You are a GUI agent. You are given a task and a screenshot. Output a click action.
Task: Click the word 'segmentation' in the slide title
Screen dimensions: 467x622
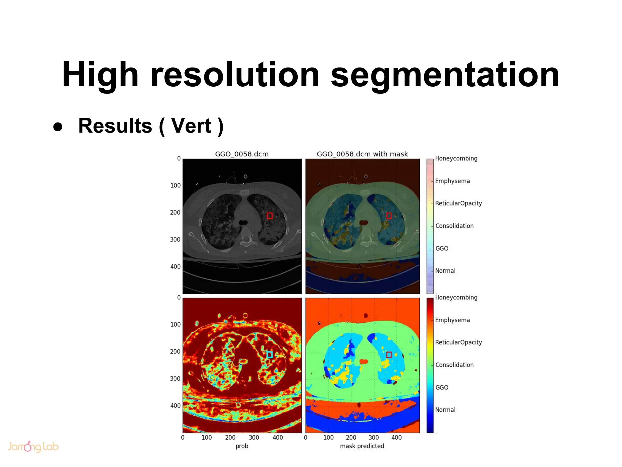click(x=445, y=75)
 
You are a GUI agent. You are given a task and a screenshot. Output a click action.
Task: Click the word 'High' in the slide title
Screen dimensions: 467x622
click(x=100, y=75)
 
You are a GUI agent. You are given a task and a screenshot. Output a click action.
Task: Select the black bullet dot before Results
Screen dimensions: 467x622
click(x=58, y=127)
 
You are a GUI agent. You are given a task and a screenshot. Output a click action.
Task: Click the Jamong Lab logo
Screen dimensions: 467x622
click(x=33, y=446)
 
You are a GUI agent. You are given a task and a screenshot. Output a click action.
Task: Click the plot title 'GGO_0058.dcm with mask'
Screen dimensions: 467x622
click(x=362, y=154)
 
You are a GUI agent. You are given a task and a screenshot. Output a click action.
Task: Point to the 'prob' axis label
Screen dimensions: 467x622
click(x=242, y=446)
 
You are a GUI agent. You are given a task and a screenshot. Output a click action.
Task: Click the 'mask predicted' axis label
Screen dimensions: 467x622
click(x=362, y=446)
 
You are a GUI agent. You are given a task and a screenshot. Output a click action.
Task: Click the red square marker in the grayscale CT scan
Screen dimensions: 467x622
click(x=270, y=216)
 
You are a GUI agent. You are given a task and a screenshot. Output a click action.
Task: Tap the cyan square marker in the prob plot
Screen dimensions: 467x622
click(x=270, y=355)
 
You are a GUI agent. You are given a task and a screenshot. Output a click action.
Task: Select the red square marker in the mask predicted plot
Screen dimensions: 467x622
click(x=389, y=355)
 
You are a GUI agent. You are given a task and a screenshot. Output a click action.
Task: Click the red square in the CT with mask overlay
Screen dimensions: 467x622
click(x=389, y=216)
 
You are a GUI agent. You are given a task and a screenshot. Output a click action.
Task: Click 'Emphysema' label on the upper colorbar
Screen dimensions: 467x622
click(x=452, y=181)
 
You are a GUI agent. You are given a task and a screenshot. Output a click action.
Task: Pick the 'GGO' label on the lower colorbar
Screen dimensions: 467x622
click(x=442, y=387)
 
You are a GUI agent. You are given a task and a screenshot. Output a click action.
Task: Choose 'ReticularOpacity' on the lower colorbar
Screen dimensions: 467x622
click(x=458, y=342)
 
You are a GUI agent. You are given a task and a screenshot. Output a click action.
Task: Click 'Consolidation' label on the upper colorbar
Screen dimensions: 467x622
click(x=454, y=226)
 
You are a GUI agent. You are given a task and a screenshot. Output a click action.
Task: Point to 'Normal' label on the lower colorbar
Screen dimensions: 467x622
click(x=445, y=410)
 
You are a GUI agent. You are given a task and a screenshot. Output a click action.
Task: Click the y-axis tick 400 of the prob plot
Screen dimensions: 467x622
click(x=176, y=406)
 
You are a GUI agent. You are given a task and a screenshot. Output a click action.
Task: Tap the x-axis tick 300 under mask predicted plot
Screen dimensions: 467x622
click(x=374, y=438)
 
